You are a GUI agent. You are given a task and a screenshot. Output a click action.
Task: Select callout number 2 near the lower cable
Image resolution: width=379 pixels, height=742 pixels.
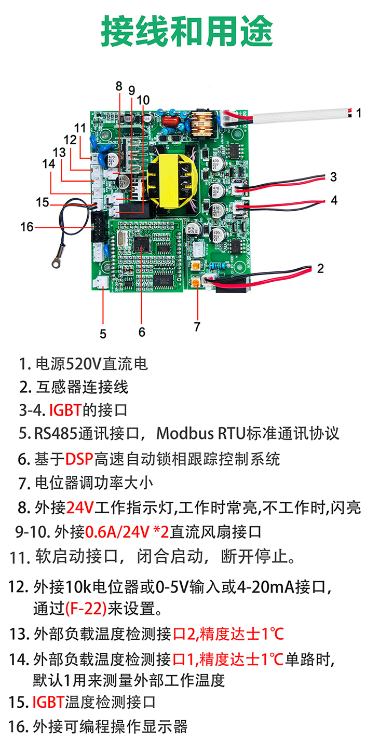320,268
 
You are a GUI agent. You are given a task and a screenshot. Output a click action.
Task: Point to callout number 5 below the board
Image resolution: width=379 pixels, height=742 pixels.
103,334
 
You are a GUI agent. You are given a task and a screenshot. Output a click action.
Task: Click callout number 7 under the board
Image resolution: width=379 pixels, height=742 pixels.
197,326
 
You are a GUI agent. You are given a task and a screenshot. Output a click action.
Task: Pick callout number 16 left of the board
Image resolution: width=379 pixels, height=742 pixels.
26,227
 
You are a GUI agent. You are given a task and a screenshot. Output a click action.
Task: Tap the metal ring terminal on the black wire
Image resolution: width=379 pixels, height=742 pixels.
54,264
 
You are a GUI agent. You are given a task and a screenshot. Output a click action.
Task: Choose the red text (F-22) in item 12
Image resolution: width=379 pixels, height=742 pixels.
86,607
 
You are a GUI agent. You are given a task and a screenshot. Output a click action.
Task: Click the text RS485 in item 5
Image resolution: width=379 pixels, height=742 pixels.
56,433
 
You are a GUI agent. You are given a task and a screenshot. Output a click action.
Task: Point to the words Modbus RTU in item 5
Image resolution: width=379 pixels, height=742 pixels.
202,433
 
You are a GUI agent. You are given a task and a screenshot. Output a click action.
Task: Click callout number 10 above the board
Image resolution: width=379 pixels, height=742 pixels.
143,100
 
